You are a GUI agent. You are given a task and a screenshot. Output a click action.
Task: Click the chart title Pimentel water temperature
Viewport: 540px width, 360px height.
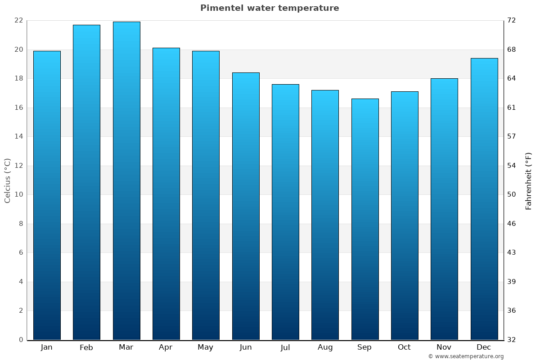[x=270, y=8]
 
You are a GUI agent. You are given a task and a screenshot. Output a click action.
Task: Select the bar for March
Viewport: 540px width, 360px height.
[x=126, y=180]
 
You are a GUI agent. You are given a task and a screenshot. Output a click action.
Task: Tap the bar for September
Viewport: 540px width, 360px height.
[x=365, y=219]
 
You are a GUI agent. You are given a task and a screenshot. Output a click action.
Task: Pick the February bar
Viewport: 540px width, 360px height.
[x=86, y=182]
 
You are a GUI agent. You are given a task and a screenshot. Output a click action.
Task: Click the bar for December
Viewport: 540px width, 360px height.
[x=484, y=199]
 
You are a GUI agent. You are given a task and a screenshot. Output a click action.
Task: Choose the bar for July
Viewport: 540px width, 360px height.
[x=285, y=212]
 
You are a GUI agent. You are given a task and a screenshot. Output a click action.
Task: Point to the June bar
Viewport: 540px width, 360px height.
[x=246, y=206]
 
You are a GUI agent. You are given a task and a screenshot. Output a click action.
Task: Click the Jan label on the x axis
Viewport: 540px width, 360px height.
[x=47, y=347]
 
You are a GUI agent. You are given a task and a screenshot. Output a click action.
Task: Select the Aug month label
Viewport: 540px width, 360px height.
[x=325, y=347]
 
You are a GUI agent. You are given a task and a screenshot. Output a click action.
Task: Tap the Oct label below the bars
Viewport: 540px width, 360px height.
[x=404, y=347]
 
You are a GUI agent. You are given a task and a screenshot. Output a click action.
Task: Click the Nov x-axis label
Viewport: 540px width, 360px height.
[x=444, y=347]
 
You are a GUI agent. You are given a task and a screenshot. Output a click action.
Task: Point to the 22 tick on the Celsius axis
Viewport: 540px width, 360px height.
[x=18, y=21]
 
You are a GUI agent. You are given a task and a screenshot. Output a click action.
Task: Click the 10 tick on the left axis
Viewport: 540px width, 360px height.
[x=18, y=195]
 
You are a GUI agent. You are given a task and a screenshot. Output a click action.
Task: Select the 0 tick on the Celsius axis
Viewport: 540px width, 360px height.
[x=21, y=340]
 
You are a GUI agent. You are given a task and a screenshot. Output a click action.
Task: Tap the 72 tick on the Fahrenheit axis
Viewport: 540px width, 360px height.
[x=512, y=21]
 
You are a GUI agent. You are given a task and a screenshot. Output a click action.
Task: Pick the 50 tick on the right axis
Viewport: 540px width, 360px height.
[x=512, y=195]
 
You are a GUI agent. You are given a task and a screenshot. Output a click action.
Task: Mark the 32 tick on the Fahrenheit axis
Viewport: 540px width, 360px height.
[x=512, y=340]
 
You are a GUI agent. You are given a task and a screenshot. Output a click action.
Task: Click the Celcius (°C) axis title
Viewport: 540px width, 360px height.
[x=7, y=180]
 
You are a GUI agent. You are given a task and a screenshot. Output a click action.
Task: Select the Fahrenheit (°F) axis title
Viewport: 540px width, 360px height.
[x=529, y=180]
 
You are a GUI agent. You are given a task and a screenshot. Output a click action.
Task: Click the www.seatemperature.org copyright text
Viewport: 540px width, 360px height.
[x=466, y=356]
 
